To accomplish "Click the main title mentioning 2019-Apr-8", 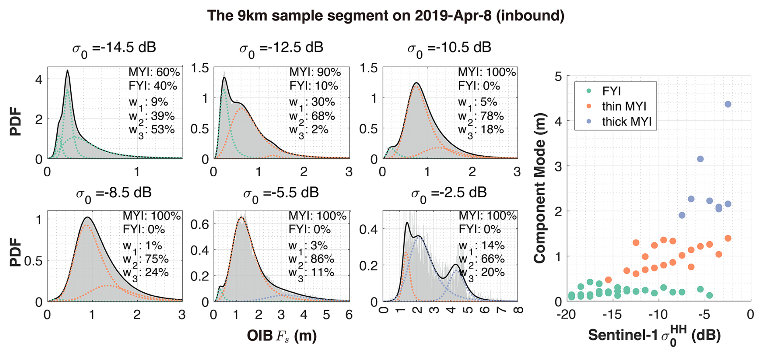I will pos(385,15).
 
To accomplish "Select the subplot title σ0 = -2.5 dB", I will pos(449,193).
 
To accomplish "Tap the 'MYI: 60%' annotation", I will pos(154,72).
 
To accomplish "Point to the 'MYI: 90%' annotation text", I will pos(315,72).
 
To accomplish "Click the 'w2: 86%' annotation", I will pos(311,260).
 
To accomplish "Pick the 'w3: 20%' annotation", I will pos(481,273).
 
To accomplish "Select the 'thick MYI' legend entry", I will pos(627,122).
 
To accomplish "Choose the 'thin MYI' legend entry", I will pos(624,106).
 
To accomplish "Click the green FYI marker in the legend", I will pos(589,91).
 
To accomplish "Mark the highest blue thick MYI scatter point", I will pos(728,104).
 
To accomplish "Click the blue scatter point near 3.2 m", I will pos(700,159).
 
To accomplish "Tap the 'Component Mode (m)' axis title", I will pos(540,188).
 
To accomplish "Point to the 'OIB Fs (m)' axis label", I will pos(282,336).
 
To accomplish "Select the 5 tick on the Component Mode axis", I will pos(558,76).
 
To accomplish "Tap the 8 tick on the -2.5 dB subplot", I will pos(518,310).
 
